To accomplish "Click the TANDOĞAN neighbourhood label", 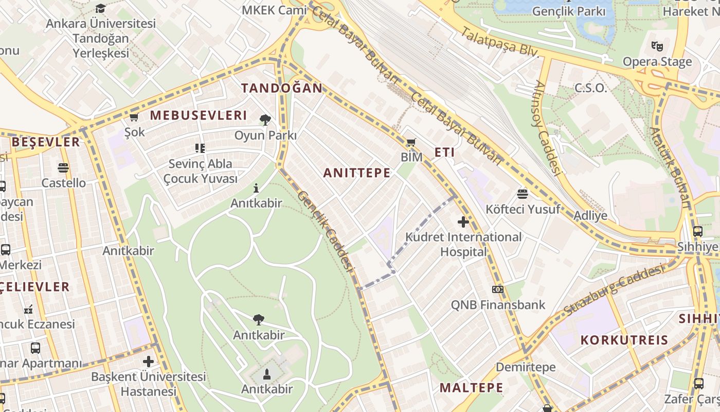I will (282, 88).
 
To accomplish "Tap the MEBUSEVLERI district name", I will (199, 115).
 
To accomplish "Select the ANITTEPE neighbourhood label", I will (357, 173).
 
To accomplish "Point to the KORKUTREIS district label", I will (624, 340).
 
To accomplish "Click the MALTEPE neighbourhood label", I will (472, 388).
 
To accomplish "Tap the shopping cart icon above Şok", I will (134, 117).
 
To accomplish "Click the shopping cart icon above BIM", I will (411, 142).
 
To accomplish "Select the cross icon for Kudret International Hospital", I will (463, 222).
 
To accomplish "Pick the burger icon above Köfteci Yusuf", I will (523, 194).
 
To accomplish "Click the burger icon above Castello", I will (63, 168).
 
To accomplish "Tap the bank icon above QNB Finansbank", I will (497, 289).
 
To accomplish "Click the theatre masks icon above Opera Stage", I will (657, 46).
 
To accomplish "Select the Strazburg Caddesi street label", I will (614, 290).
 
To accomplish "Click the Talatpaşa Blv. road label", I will (499, 42).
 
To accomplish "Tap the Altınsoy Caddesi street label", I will (547, 127).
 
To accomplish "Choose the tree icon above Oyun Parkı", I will (265, 120).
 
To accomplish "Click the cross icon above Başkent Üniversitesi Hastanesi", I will (149, 362).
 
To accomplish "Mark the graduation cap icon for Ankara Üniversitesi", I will (100, 8).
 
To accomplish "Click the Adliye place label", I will (590, 216).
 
